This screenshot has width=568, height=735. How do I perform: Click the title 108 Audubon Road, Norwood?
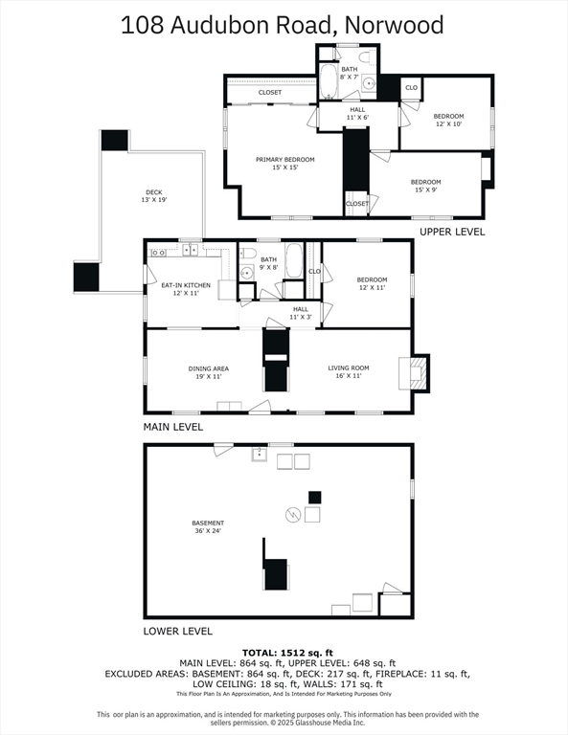click(283, 24)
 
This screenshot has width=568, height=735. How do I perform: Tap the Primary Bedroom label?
click(284, 164)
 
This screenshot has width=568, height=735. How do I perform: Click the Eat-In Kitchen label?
click(185, 290)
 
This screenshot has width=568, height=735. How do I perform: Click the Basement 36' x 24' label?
click(208, 527)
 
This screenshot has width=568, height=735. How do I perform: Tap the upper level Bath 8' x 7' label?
click(350, 73)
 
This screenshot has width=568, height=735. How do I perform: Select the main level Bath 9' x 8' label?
click(268, 264)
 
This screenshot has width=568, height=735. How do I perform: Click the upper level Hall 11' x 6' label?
click(357, 114)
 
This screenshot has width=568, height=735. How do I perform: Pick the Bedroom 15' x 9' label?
click(426, 186)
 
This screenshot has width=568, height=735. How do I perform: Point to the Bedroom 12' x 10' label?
click(448, 120)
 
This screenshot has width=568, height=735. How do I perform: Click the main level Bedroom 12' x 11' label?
click(372, 284)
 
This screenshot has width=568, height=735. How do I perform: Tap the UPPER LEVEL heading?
click(452, 232)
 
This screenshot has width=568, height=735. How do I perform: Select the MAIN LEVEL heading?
click(173, 427)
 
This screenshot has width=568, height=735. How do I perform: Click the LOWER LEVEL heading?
click(177, 631)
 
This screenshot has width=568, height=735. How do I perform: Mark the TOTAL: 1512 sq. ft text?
click(284, 652)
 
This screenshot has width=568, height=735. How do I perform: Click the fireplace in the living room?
click(414, 372)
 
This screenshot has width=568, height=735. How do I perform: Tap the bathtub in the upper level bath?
click(329, 82)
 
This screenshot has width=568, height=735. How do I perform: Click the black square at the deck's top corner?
click(115, 140)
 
